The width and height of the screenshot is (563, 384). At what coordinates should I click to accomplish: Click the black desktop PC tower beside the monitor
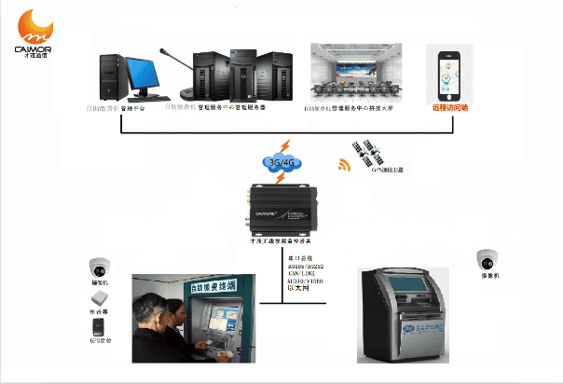(x=112, y=78)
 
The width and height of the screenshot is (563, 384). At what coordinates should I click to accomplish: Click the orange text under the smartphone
(x=451, y=108)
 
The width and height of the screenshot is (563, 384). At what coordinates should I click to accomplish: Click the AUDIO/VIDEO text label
(x=306, y=281)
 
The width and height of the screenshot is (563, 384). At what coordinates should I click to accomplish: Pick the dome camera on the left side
(x=99, y=266)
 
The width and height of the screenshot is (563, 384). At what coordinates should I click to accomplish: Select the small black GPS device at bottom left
(x=98, y=326)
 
